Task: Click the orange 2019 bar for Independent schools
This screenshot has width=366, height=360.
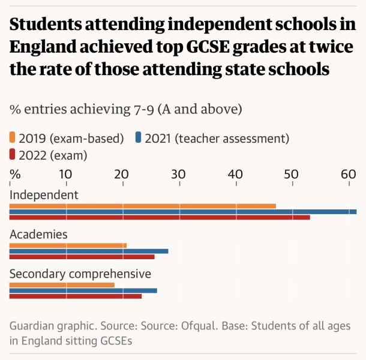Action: coord(143,206)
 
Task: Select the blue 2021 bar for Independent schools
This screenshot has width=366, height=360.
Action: coord(183,212)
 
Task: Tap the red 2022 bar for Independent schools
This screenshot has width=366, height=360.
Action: coord(160,217)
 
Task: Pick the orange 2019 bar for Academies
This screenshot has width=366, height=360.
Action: coord(68,245)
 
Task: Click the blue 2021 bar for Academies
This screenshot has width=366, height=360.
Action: coord(89,251)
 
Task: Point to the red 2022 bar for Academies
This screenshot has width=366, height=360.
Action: coord(82,257)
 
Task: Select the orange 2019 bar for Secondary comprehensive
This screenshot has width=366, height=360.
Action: coord(62,284)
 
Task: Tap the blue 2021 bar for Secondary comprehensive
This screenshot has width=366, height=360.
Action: coord(83,290)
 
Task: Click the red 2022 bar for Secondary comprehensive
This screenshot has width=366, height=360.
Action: coord(76,296)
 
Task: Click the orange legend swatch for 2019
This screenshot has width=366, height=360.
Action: coord(13,139)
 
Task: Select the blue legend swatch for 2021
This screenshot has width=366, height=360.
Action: coord(139,139)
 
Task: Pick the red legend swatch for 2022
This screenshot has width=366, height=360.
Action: coord(13,155)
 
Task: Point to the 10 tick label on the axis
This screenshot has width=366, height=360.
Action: coord(66,174)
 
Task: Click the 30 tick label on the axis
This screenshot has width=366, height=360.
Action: coord(178,174)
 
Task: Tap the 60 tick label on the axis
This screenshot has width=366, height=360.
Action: coord(349,174)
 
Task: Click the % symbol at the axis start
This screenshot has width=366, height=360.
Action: coord(15,174)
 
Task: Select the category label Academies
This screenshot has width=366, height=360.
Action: coord(38,234)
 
